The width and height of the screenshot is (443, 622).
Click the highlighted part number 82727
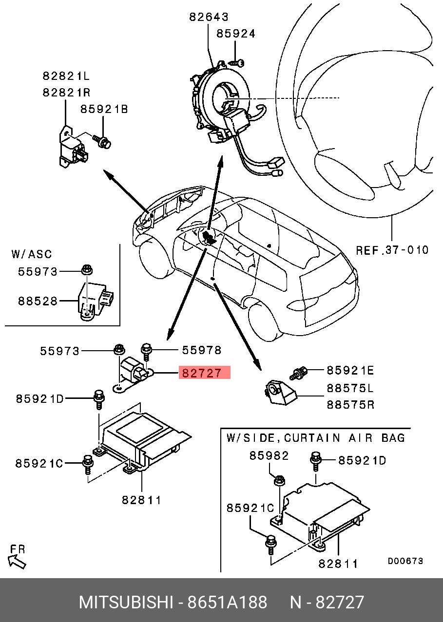[x=202, y=374]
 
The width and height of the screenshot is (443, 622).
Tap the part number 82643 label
[x=209, y=17]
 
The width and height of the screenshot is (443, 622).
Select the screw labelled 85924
[x=237, y=62]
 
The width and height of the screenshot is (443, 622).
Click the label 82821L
[x=66, y=76]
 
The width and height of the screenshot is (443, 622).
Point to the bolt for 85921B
[x=103, y=142]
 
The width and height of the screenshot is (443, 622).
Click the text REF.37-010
[x=392, y=250]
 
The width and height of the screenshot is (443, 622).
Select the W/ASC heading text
[x=31, y=254]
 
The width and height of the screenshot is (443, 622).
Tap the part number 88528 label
[x=38, y=301]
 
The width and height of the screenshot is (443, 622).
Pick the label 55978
[x=201, y=350]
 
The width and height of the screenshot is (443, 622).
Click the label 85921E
[x=350, y=371]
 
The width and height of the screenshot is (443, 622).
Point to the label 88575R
[x=350, y=404]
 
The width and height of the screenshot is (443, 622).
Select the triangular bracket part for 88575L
[x=280, y=392]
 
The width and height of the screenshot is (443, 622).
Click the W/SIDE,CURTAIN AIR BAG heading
[x=316, y=437]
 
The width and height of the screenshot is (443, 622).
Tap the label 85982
[x=269, y=456]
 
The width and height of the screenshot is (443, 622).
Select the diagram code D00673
[x=405, y=561]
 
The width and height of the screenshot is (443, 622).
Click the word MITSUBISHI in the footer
[x=126, y=603]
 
